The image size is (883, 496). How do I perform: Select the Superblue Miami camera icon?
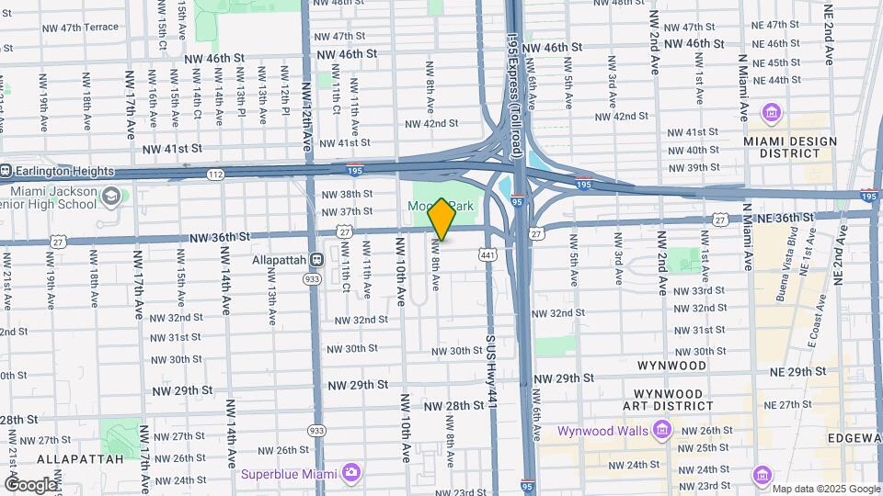[x=350, y=473]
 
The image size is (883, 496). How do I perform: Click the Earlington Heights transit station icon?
[x=4, y=170]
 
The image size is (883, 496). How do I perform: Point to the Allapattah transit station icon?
[x=315, y=260]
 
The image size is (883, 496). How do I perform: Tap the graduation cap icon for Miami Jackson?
[x=111, y=197]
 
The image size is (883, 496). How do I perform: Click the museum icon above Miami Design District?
[x=771, y=114]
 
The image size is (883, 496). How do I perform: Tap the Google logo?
[x=30, y=484]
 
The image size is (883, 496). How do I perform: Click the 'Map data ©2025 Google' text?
[x=826, y=489]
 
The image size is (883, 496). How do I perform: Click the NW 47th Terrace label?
[x=81, y=28]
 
